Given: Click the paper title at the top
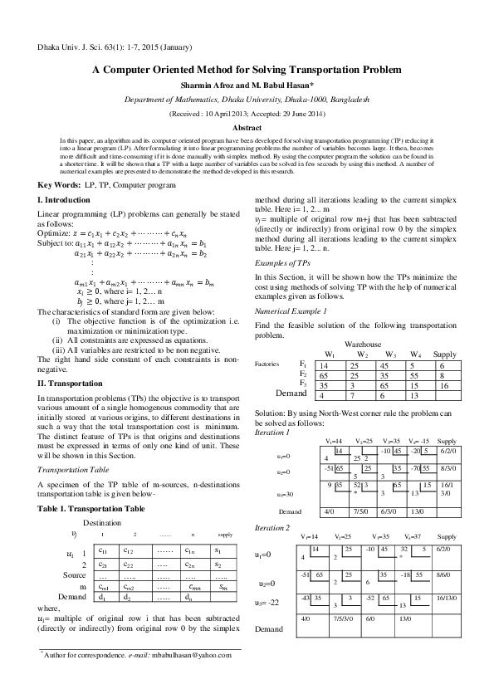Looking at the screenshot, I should [247, 71].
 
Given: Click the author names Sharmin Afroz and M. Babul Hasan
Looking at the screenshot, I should [247, 86].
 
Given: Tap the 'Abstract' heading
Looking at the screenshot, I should [247, 128].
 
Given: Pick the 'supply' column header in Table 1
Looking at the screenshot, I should [224, 535].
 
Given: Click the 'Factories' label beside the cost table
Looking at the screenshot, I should [267, 364].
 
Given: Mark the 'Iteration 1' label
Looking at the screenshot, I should [271, 432].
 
